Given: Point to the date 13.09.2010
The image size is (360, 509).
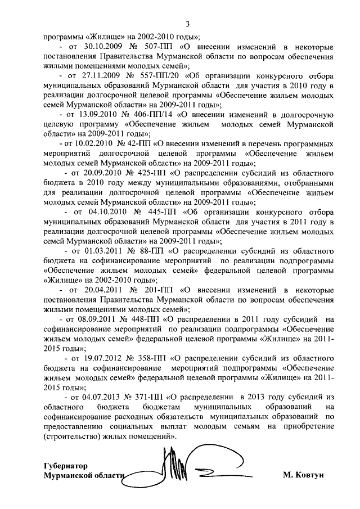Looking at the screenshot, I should click(96, 115).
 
